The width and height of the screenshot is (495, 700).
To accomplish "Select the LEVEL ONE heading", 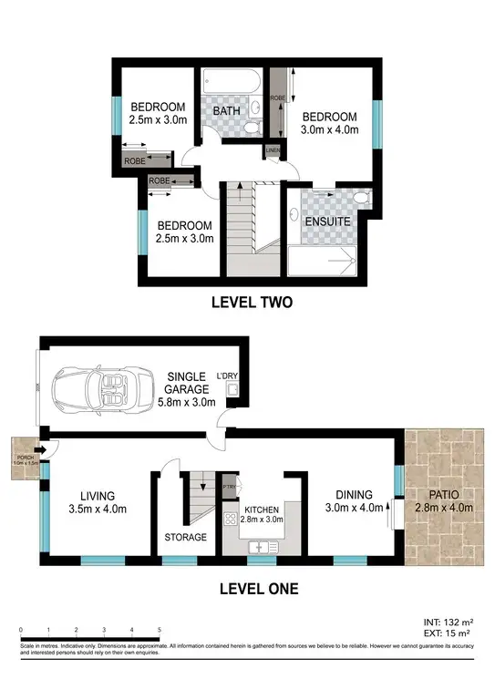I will [x=258, y=589].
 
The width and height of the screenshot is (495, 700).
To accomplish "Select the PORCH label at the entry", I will [x=20, y=447].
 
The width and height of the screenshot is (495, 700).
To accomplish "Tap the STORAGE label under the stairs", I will [x=186, y=537].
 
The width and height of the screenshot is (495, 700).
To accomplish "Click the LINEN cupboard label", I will [x=272, y=151].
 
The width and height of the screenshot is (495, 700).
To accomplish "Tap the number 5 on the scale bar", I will [x=160, y=629].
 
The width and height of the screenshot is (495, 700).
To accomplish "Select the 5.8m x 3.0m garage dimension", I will [x=185, y=402].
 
